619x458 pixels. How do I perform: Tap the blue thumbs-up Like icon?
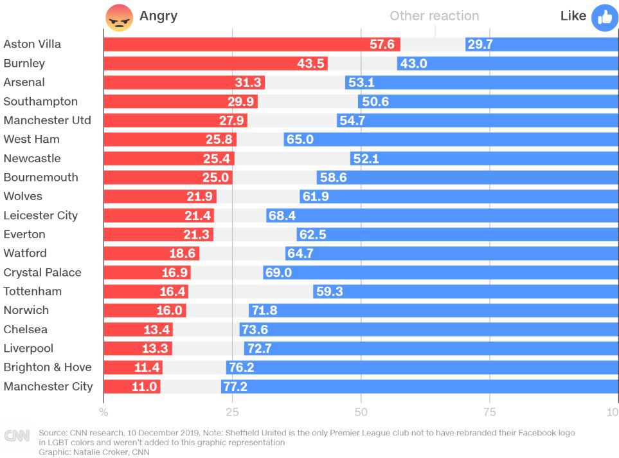click(x=604, y=17)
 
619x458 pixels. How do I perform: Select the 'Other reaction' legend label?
click(x=434, y=16)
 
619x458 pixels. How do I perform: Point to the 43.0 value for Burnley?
click(x=413, y=64)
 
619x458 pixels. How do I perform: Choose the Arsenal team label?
click(x=24, y=82)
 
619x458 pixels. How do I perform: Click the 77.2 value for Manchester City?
click(x=235, y=387)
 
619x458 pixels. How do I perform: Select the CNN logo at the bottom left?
click(x=17, y=436)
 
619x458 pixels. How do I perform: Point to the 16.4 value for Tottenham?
click(x=172, y=292)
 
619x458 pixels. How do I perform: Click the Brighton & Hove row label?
click(x=48, y=367)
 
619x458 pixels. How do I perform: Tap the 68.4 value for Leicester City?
click(x=282, y=216)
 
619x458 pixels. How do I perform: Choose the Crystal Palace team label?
click(x=42, y=272)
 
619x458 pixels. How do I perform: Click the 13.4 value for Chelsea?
click(x=157, y=330)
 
